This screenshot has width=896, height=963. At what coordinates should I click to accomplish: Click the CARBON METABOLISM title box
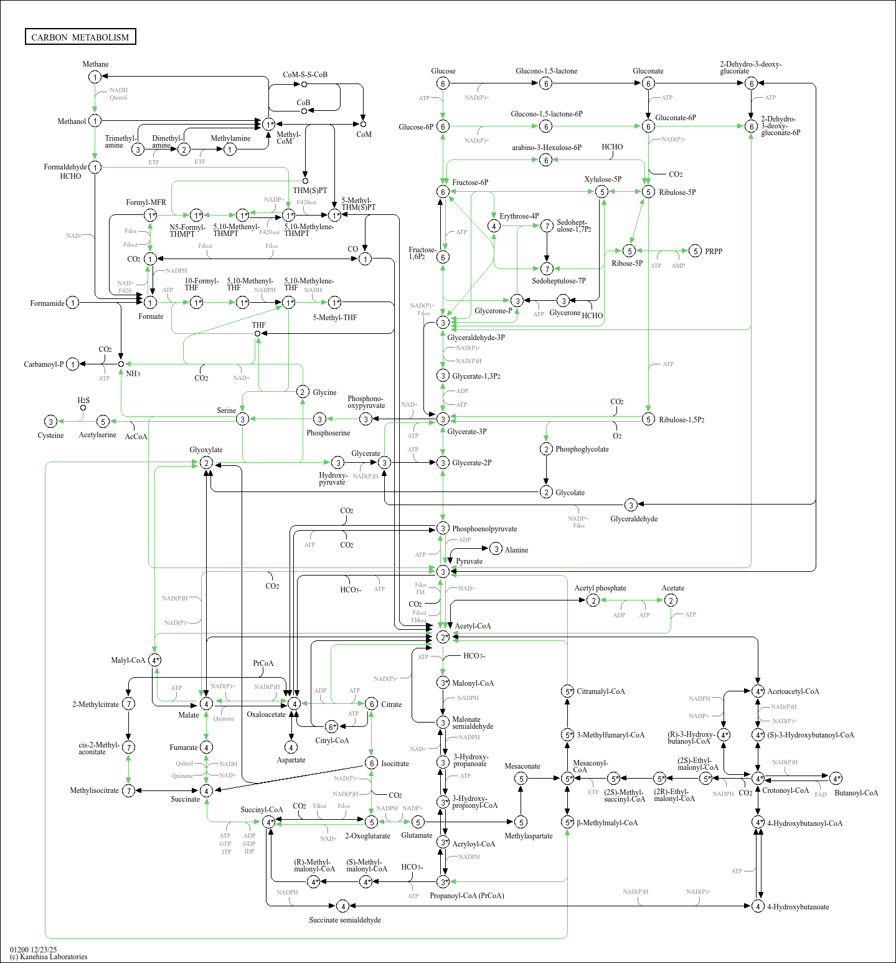click(80, 37)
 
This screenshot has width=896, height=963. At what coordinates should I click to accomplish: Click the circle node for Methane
click(95, 77)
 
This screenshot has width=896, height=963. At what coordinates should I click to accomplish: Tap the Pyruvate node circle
click(443, 571)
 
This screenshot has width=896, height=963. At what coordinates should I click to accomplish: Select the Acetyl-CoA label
click(473, 626)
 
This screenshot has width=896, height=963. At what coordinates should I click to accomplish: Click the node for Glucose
click(443, 83)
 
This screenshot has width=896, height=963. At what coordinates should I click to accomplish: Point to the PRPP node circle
click(696, 251)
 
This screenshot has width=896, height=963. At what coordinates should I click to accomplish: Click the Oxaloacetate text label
click(266, 714)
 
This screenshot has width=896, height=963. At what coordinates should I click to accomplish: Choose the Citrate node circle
click(371, 704)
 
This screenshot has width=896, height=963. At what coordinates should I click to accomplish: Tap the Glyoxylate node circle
click(206, 463)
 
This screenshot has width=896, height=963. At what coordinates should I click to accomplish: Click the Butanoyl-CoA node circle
click(836, 778)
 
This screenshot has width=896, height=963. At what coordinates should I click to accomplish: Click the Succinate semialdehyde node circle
click(342, 906)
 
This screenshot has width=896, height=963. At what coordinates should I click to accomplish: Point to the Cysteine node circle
click(51, 422)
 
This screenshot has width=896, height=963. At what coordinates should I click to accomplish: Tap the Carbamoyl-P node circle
click(73, 364)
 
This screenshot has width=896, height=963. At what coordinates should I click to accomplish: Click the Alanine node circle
click(496, 549)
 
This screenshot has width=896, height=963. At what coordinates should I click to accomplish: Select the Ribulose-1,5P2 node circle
click(648, 419)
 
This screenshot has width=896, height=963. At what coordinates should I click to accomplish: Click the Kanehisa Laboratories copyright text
click(49, 957)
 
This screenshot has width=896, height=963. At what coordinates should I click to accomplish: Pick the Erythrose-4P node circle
click(494, 226)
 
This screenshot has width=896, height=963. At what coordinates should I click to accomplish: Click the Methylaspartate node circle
click(521, 822)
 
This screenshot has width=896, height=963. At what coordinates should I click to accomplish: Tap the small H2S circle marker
click(83, 408)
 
